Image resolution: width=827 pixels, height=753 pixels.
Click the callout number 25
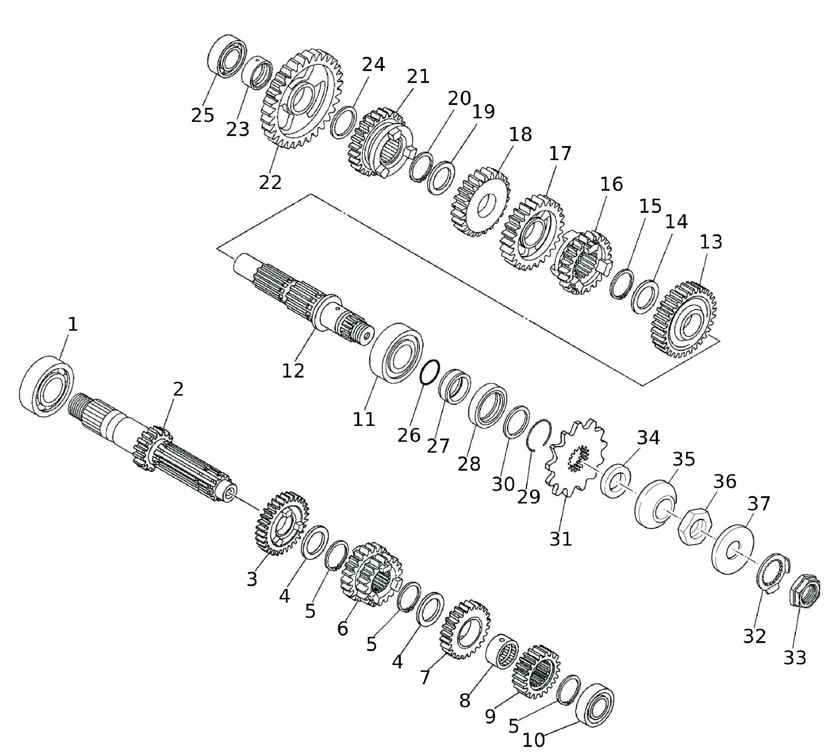203,115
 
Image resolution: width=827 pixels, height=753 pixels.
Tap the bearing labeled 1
47,387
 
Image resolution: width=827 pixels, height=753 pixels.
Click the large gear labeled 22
301,99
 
